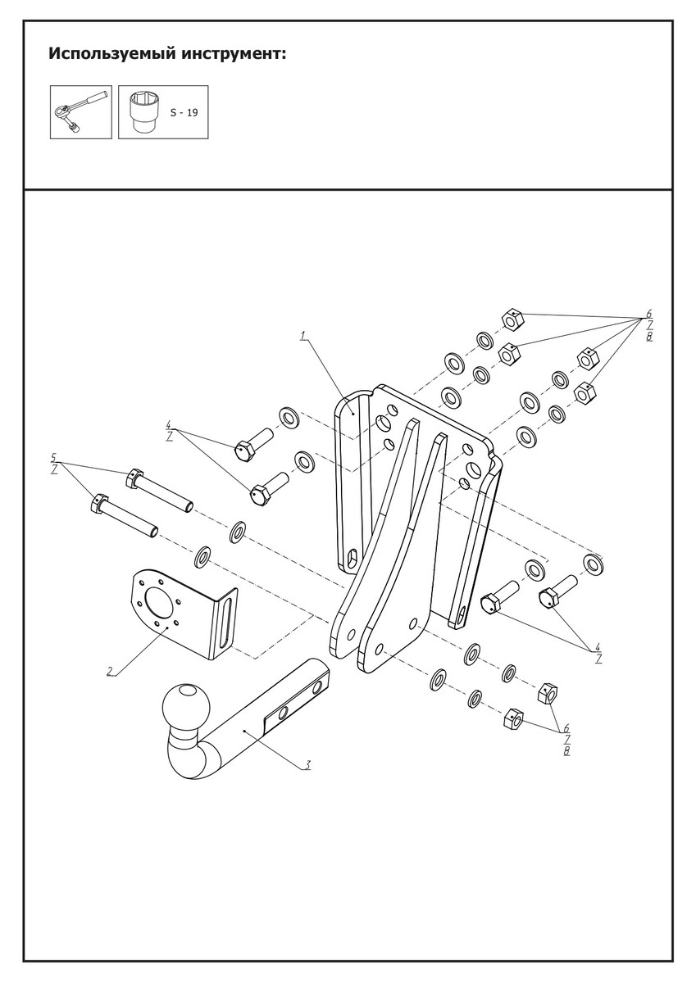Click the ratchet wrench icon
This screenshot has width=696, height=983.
point(80,112)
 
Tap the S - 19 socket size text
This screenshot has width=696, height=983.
point(184,113)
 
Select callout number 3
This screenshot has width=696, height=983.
point(307,765)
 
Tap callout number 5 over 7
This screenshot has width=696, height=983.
point(54,463)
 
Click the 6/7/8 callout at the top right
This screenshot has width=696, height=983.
point(648,325)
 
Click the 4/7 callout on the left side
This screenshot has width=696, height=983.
point(169,432)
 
